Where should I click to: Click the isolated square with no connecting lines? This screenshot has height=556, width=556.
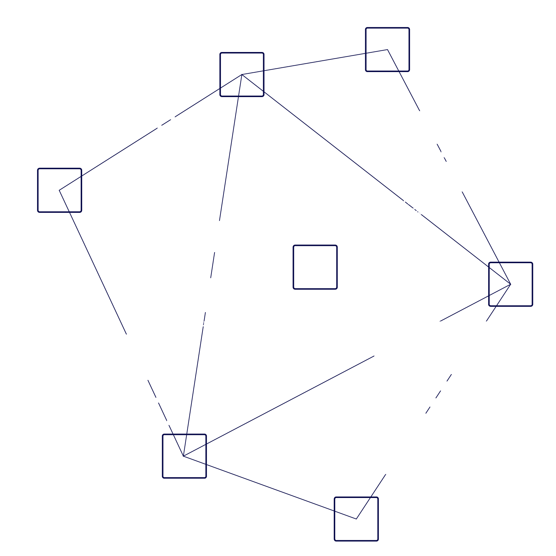pos(315,267)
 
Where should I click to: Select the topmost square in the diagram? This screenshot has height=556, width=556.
pos(387,49)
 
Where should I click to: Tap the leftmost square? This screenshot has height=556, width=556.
pos(60,190)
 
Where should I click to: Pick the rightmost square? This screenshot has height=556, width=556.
pos(510,284)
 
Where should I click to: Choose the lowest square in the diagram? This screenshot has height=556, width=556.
pos(356,519)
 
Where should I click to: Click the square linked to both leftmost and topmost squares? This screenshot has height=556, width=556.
pos(242,74)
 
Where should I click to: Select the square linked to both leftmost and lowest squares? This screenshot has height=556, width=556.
pos(184,456)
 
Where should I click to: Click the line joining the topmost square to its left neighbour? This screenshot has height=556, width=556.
pos(315,62)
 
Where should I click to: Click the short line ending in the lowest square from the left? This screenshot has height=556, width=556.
pos(270,487)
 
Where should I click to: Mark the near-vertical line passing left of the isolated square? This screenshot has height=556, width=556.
pos(230,150)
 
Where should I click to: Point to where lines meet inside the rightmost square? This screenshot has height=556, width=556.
pos(510,284)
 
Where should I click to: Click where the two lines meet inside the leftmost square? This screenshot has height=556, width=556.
pos(60,190)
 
